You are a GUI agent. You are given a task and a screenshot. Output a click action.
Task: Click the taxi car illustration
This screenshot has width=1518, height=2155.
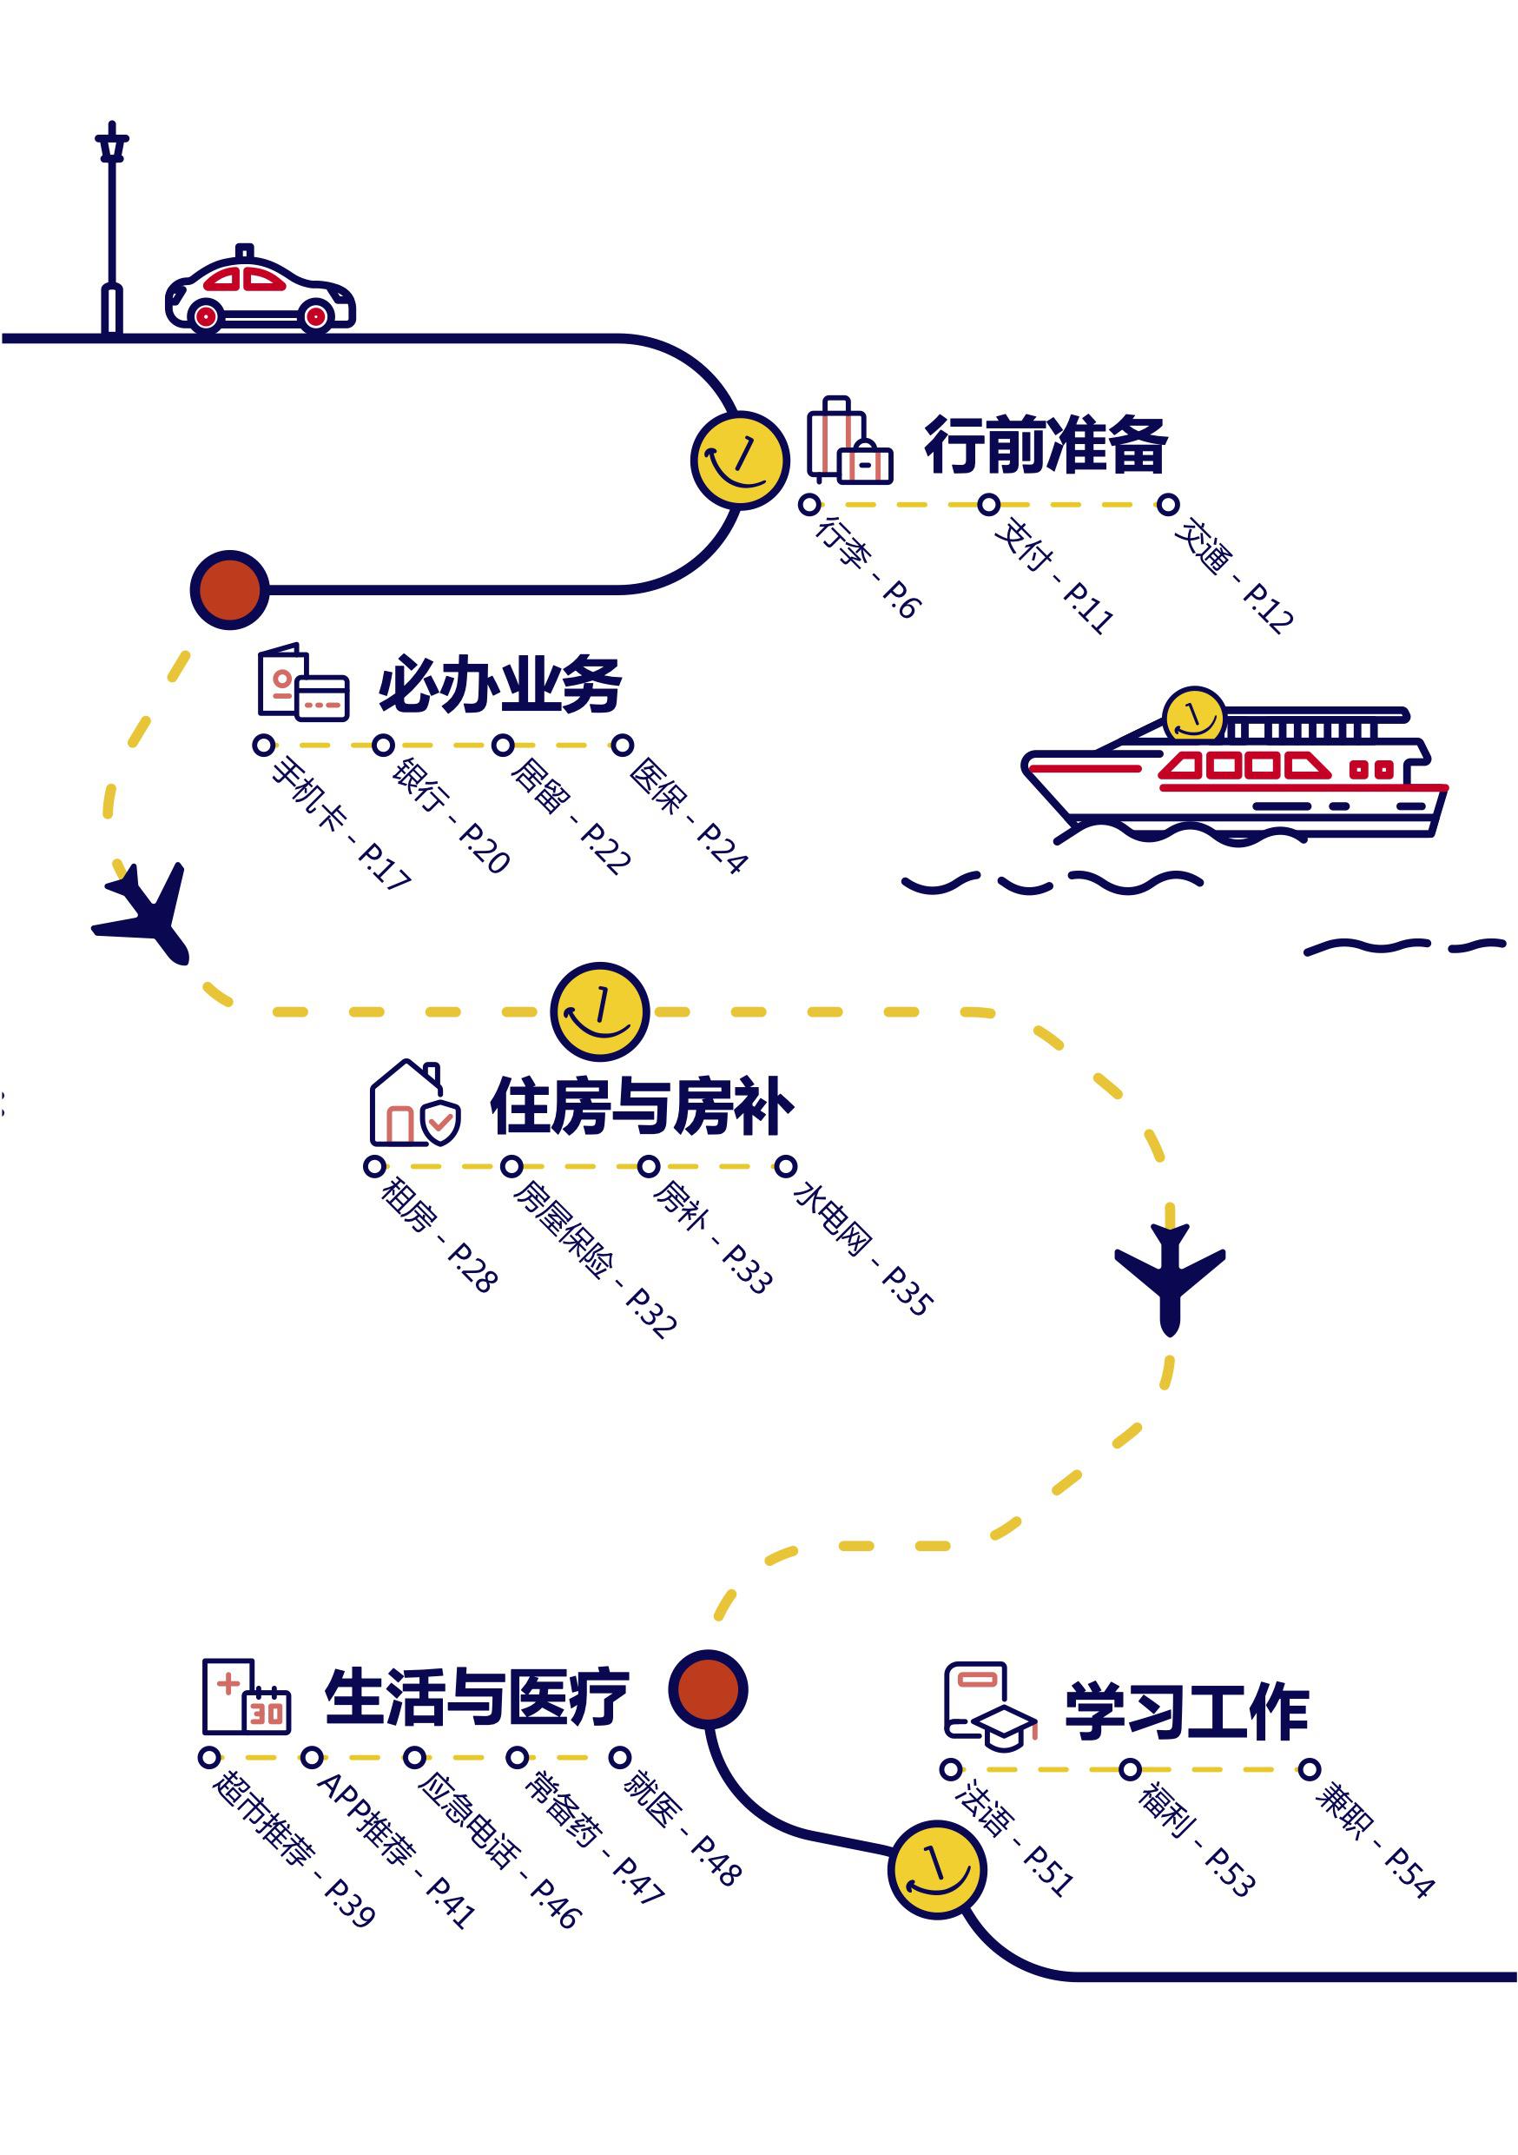tap(260, 291)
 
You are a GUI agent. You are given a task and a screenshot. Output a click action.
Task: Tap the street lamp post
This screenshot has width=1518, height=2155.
tap(112, 230)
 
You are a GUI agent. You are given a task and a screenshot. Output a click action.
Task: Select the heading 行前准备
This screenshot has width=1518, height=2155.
tap(1046, 444)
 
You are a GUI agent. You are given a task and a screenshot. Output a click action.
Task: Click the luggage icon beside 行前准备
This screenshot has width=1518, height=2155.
tap(849, 441)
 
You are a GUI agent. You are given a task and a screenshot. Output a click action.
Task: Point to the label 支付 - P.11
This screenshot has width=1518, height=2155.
tap(1053, 574)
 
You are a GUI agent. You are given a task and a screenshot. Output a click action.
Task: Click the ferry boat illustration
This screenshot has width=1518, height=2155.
tap(1234, 772)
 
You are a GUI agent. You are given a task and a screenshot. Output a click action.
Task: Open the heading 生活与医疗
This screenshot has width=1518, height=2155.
tap(476, 1697)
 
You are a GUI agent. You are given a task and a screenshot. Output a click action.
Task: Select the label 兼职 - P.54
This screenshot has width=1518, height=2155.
tap(1375, 1841)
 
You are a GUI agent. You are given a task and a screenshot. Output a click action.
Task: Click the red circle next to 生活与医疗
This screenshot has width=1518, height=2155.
tap(708, 1689)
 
